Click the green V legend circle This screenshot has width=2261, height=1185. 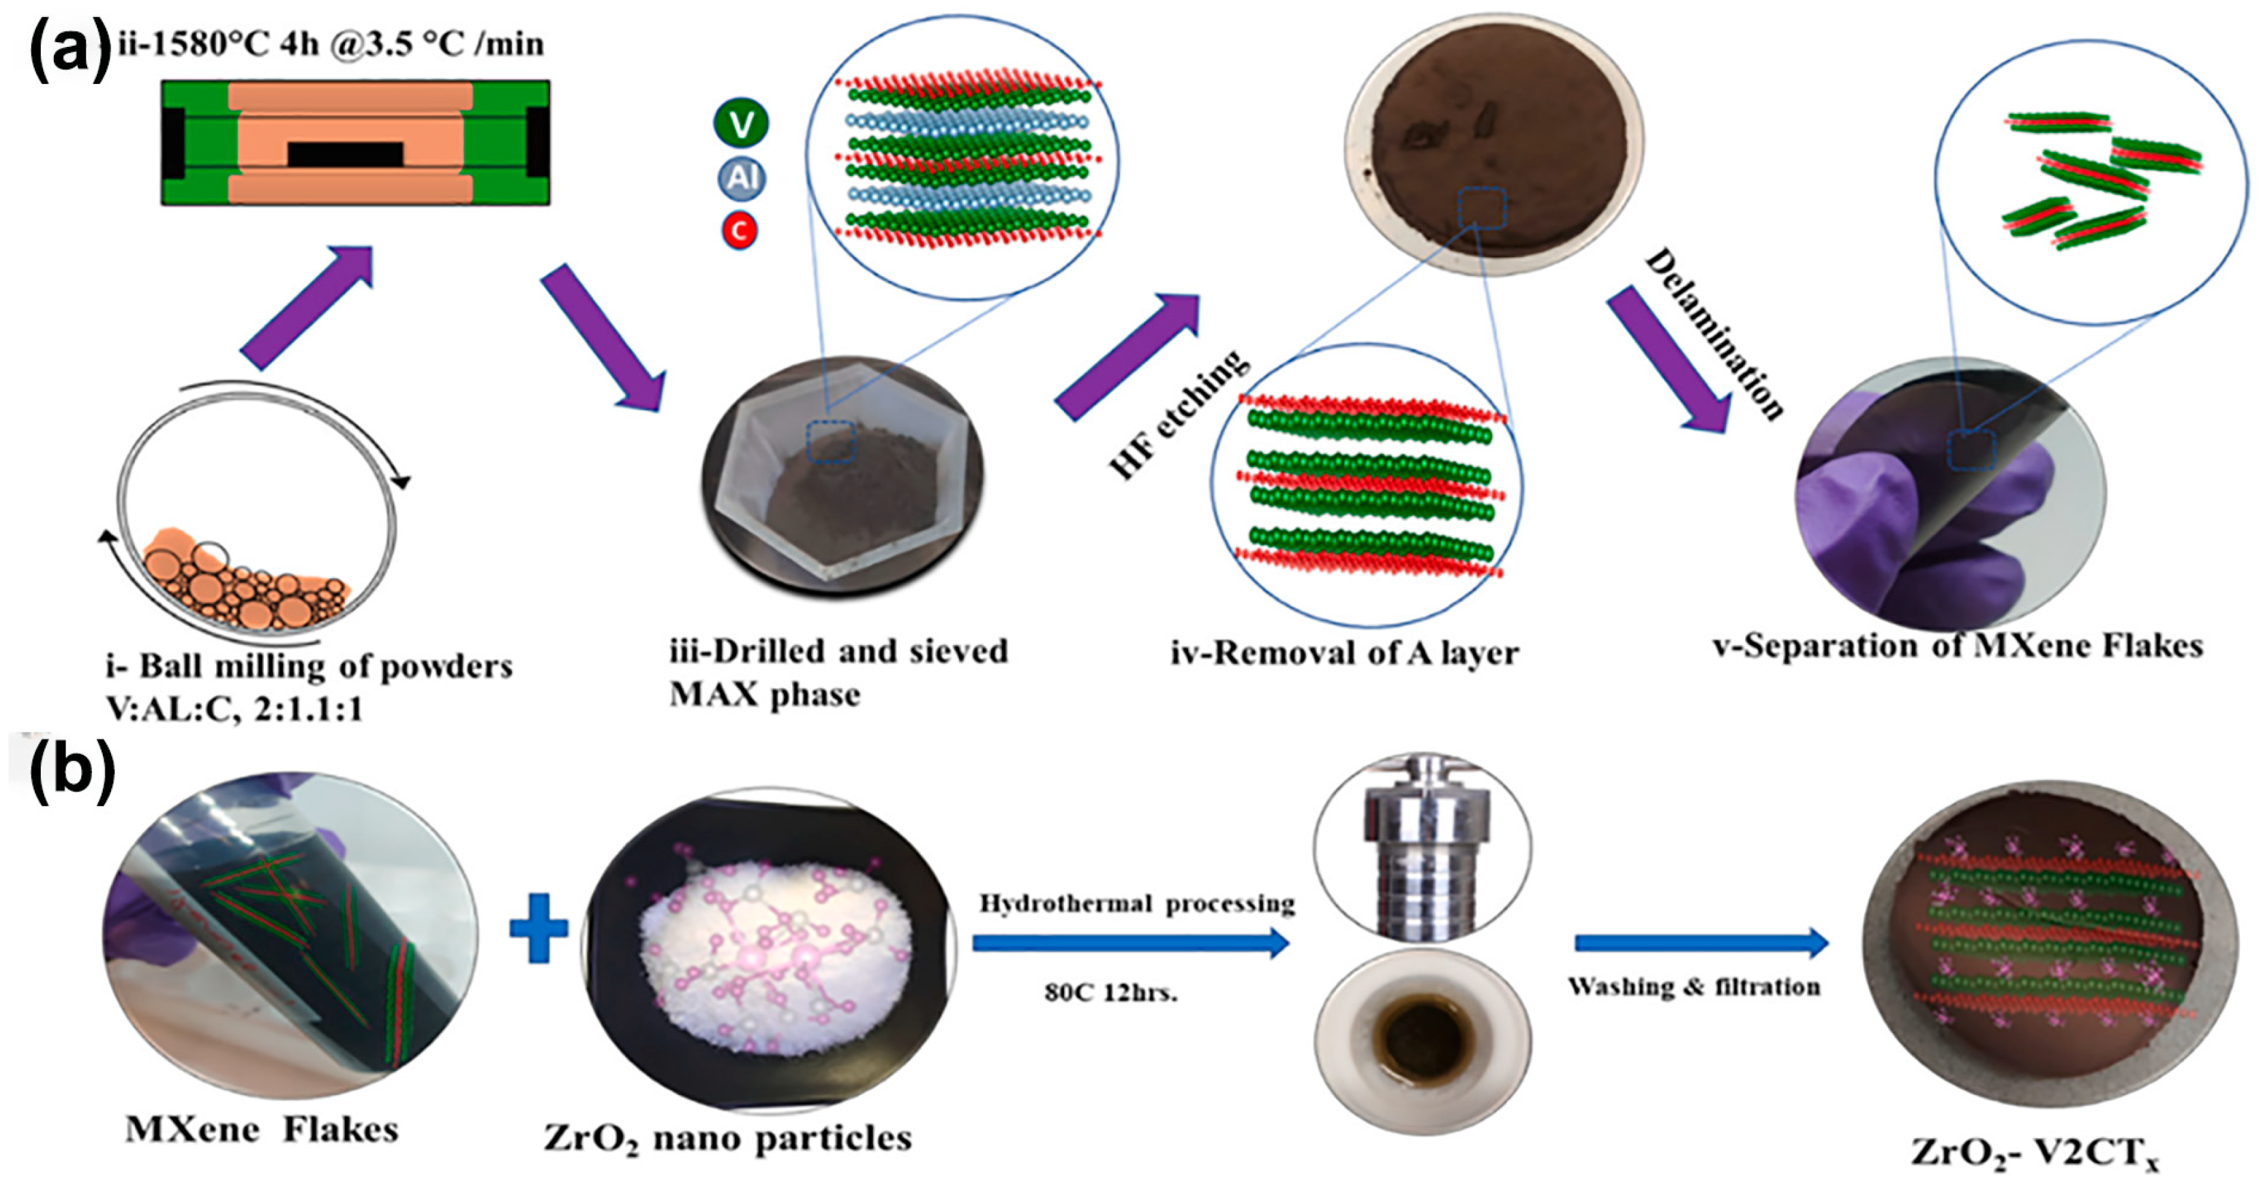tap(741, 124)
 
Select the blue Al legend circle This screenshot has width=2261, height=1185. tap(742, 178)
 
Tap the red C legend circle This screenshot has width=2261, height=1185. tap(739, 231)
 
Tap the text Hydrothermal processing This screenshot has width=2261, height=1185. tap(1137, 903)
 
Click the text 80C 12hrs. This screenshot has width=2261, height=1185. tap(1110, 993)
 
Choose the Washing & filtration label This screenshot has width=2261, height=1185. tap(1694, 987)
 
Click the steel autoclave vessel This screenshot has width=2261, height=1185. tap(1424, 847)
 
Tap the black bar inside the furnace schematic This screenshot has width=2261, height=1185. tap(345, 155)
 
